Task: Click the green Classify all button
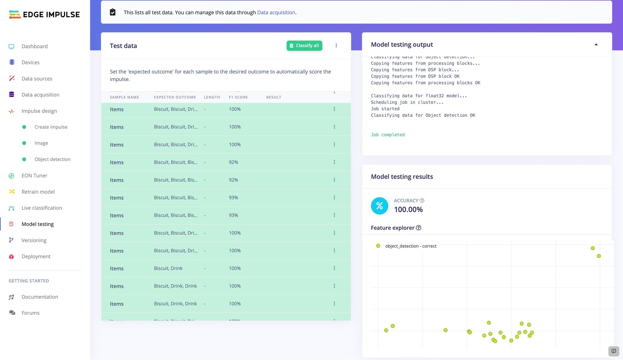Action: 304,46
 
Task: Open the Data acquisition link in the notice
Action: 276,12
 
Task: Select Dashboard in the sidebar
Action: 34,46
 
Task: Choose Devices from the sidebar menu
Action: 30,62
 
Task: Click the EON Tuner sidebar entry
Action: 34,176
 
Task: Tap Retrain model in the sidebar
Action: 38,192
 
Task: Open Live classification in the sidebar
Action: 42,208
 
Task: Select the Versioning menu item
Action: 34,240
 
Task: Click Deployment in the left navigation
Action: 36,256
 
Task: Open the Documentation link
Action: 40,297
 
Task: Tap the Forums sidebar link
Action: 30,313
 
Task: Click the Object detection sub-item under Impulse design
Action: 52,159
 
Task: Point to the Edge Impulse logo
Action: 44,15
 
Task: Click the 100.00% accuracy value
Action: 408,210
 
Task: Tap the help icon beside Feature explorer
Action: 419,228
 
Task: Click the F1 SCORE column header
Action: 238,97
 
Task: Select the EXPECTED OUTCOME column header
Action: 175,97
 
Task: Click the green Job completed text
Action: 387,135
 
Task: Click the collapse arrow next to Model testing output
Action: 596,45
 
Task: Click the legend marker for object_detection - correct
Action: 378,246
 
